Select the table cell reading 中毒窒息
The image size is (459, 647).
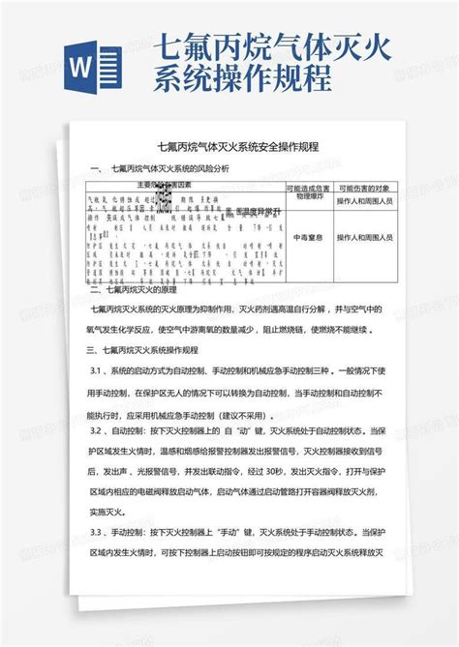(x=308, y=237)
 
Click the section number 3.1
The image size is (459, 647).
(x=97, y=371)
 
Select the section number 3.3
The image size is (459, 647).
(x=97, y=532)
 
